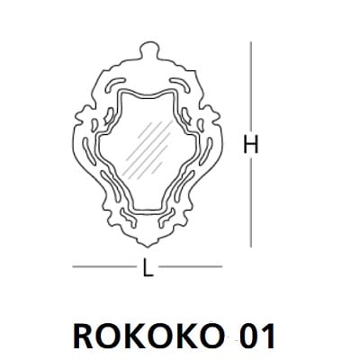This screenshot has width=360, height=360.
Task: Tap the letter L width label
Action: coord(145,268)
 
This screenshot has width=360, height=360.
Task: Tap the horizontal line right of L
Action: coord(189,267)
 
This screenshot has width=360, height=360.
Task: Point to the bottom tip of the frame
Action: coord(146,244)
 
